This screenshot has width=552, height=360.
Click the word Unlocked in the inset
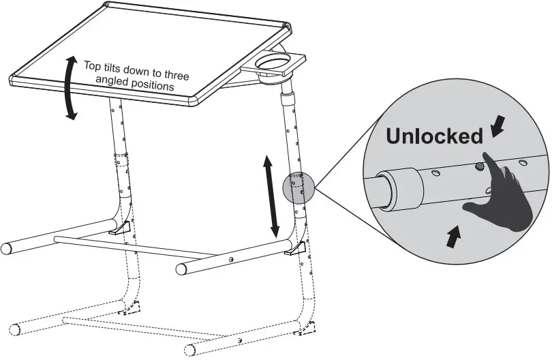coord(434,136)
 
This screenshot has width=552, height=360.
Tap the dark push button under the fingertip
coord(480,166)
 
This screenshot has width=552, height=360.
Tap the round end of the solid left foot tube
coord(7,247)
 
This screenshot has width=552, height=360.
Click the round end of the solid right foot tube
coord(181,269)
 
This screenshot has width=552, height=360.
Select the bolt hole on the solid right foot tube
coord(231,259)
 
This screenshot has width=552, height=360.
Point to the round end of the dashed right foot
coord(191,352)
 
